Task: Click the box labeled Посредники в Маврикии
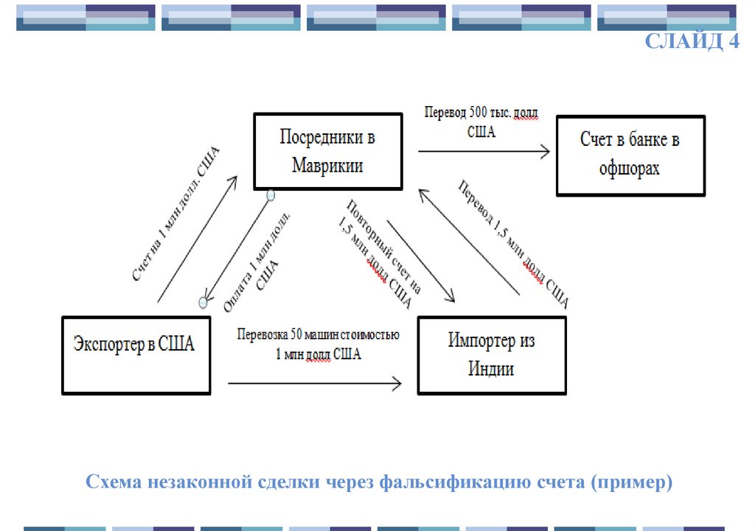pos(328,151)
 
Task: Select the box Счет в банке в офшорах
pos(630,155)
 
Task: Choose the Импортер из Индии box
pos(491,355)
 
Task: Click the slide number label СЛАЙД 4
pos(692,41)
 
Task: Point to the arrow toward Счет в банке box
pos(484,152)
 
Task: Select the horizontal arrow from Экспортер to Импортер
pos(315,383)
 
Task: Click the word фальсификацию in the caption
pos(448,483)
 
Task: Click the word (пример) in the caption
pos(636,483)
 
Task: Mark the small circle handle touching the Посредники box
pos(271,195)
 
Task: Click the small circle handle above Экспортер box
pos(203,303)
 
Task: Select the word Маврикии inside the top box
pos(327,165)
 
